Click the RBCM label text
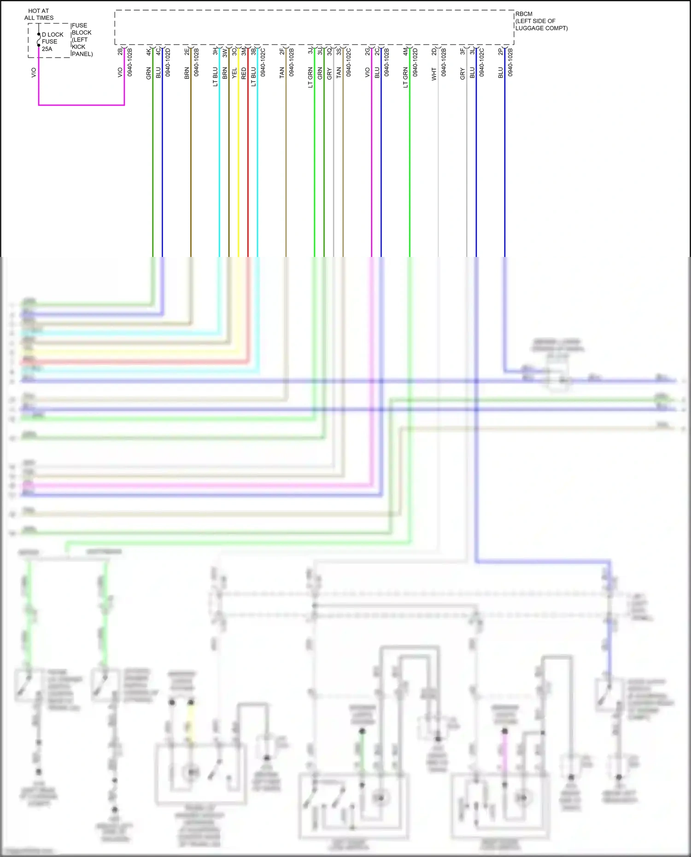pos(524,14)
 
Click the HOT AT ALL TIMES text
pos(39,14)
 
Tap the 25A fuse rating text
pos(47,49)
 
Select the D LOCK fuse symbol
pos(39,41)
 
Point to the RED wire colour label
pos(244,73)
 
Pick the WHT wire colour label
pos(434,74)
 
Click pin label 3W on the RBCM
pos(225,53)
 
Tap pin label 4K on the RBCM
pos(149,52)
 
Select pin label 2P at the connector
pos(501,52)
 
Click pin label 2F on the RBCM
pos(282,52)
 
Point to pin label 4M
pos(405,52)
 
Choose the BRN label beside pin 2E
pos(187,73)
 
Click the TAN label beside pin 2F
pos(282,72)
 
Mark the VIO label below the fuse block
pos(34,72)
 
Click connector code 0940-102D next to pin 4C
pos(168,62)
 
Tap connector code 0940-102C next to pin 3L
pos(481,62)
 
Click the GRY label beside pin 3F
pos(463,74)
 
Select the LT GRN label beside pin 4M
pos(405,77)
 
